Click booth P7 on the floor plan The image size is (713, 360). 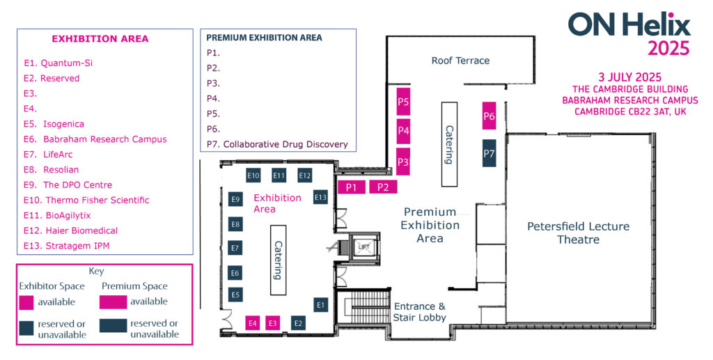tap(489, 153)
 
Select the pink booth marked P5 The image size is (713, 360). tap(403, 102)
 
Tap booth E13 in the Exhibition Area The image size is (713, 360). tap(320, 197)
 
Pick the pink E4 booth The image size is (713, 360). tap(252, 323)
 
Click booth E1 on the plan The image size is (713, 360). tap(320, 305)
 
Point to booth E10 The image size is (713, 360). tap(253, 175)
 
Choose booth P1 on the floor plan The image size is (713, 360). tap(352, 187)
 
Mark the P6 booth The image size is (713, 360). tap(489, 116)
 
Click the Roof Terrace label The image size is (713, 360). tap(461, 61)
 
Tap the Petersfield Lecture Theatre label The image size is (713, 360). tap(579, 233)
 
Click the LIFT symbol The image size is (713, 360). tap(363, 246)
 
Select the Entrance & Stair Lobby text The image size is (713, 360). tap(419, 312)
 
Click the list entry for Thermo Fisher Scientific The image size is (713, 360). tap(86, 200)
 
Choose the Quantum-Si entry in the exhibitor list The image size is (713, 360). tap(58, 63)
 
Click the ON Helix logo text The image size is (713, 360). tap(629, 24)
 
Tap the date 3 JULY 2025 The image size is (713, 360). tap(629, 77)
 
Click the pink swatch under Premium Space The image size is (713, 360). tap(113, 302)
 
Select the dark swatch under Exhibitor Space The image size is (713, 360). tap(26, 328)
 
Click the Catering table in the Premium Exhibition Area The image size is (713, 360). tap(449, 144)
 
